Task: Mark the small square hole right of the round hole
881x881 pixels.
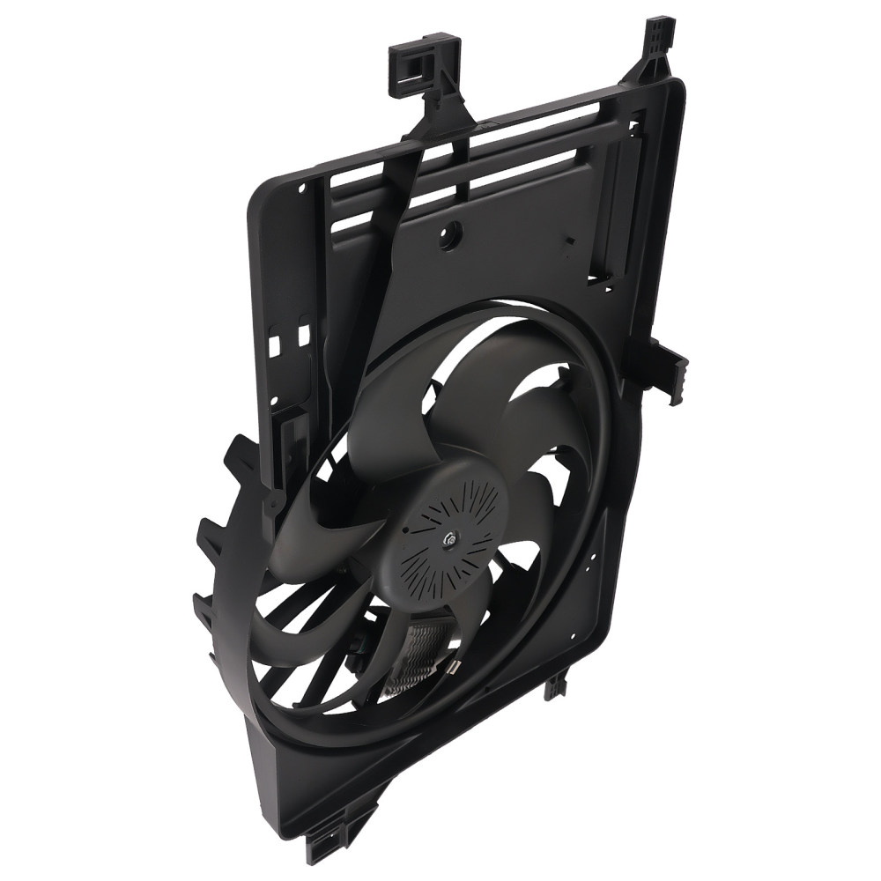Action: point(567,239)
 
